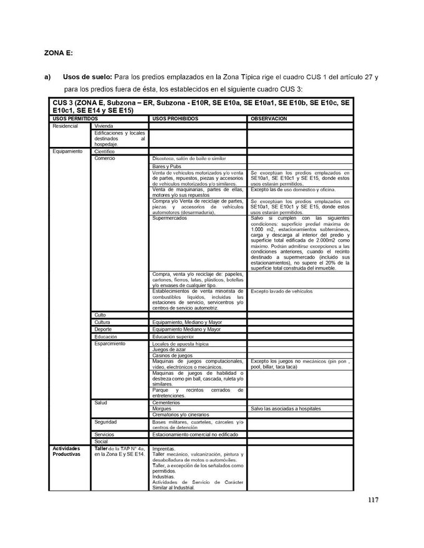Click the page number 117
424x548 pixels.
tap(372, 499)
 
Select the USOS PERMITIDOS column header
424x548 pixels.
tap(75, 118)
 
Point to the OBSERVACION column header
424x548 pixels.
tap(269, 118)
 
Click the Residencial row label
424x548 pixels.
tap(65, 125)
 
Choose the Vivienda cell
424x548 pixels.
tap(104, 125)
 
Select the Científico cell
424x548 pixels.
tap(106, 151)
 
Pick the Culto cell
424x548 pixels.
tap(101, 314)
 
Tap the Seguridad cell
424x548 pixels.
tap(106, 422)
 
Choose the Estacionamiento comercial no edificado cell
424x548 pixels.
tap(193, 434)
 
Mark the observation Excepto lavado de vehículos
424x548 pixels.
tap(281, 291)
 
